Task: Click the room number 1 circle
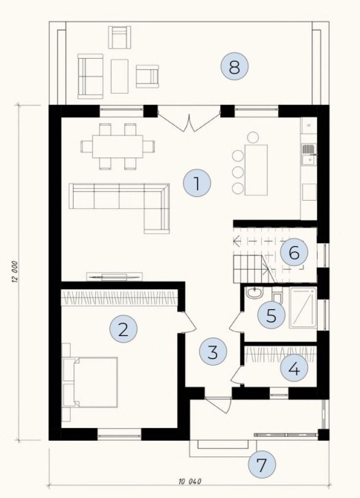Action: [x=197, y=183]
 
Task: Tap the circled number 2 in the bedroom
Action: [x=123, y=329]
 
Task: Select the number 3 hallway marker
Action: [x=213, y=352]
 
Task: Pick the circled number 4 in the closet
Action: [x=294, y=369]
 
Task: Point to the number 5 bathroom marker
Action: [x=271, y=315]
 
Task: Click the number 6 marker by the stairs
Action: [x=294, y=253]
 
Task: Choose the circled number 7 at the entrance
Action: [x=262, y=465]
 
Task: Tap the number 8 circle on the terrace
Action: [x=234, y=66]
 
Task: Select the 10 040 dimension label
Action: [x=190, y=482]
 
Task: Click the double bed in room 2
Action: [x=90, y=382]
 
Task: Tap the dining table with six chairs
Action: [x=118, y=146]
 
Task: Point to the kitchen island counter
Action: [x=256, y=170]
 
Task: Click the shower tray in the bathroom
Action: [x=303, y=308]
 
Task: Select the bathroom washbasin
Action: [x=254, y=293]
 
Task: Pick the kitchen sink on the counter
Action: [x=308, y=155]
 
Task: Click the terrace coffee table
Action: [x=120, y=77]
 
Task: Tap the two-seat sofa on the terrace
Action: [x=90, y=77]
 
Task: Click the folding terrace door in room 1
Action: [x=189, y=123]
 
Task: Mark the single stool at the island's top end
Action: [x=253, y=138]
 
